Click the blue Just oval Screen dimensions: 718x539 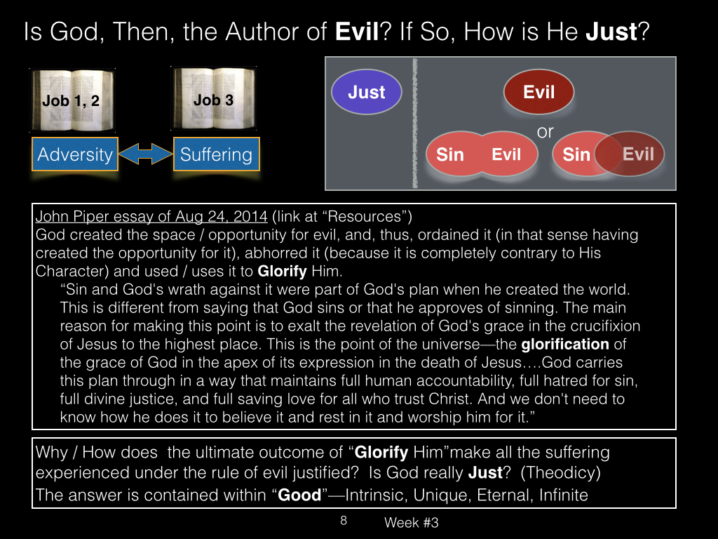click(x=366, y=92)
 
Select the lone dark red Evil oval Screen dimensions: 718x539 click(x=538, y=92)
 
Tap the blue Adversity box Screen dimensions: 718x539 click(x=75, y=154)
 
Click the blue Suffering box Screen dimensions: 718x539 click(x=216, y=154)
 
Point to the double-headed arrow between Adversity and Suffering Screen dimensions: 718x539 click(x=146, y=154)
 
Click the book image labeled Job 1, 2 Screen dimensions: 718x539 click(x=72, y=100)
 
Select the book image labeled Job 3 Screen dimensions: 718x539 click(x=213, y=98)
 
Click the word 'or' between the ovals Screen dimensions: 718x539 click(x=545, y=132)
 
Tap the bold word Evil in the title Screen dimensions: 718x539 click(x=357, y=32)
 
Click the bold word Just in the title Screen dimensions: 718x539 click(x=611, y=32)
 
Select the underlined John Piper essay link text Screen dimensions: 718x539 click(x=151, y=216)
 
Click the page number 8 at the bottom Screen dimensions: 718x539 click(x=344, y=521)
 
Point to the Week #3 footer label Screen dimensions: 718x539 click(x=411, y=522)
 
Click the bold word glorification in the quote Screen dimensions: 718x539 click(x=565, y=344)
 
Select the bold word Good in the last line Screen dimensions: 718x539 click(x=299, y=495)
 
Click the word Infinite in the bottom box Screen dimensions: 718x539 click(x=563, y=495)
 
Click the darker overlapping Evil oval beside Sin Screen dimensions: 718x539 click(x=630, y=154)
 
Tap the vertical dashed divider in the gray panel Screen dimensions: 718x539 click(x=415, y=124)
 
